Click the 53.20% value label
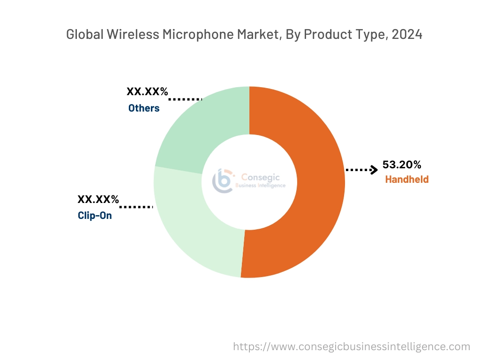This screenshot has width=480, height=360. click(402, 165)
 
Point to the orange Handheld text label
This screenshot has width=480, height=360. click(406, 179)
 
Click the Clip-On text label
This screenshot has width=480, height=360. click(95, 216)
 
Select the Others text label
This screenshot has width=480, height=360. click(144, 108)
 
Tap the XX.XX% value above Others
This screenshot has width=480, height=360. click(147, 92)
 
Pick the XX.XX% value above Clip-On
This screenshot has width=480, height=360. click(98, 199)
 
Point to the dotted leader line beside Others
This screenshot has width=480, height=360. click(185, 99)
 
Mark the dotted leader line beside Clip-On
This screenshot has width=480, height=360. click(136, 206)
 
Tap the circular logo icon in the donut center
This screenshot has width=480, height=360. click(223, 181)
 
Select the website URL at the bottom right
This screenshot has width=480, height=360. click(352, 346)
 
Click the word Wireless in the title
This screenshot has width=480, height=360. click(127, 35)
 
